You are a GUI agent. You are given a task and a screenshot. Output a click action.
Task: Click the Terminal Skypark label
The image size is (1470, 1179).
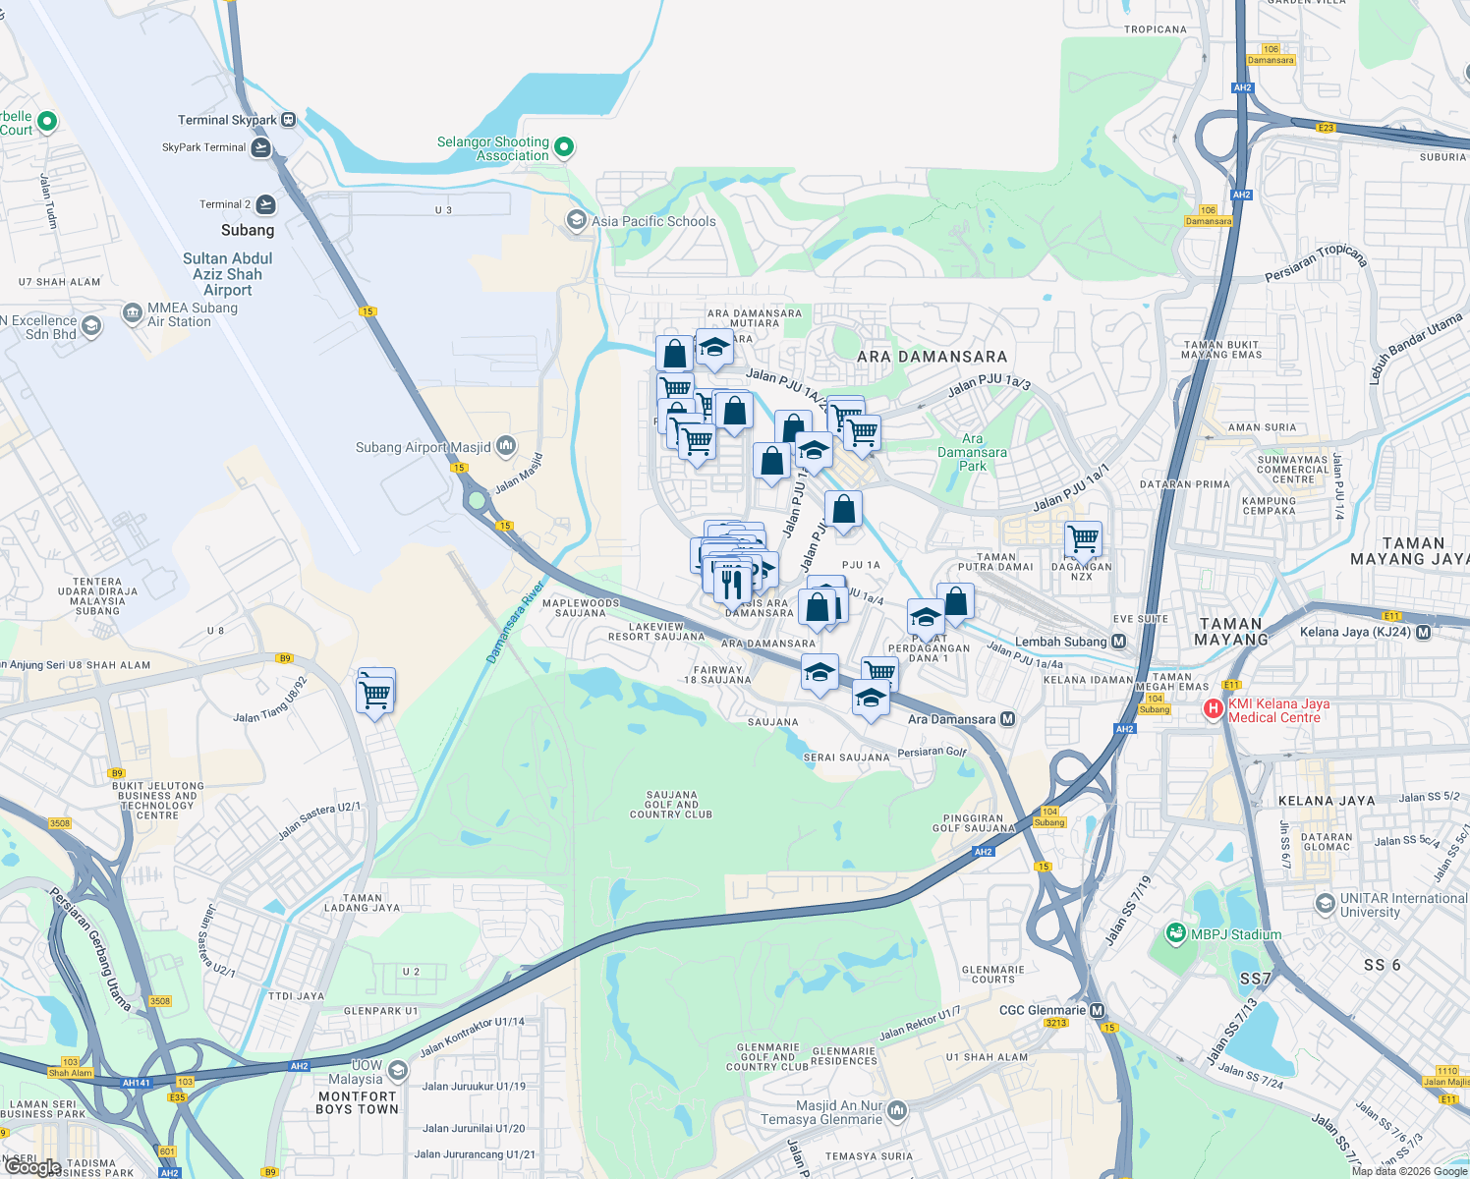pyautogui.click(x=227, y=120)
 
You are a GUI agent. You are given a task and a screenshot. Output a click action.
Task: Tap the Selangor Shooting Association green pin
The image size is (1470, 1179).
pyautogui.click(x=564, y=147)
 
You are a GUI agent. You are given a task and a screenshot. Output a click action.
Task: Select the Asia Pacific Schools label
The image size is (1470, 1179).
pyautogui.click(x=653, y=221)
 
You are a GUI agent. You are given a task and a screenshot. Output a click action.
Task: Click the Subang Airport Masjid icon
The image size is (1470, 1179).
pyautogui.click(x=506, y=446)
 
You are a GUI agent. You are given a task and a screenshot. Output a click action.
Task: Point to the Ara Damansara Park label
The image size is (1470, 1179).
pyautogui.click(x=972, y=453)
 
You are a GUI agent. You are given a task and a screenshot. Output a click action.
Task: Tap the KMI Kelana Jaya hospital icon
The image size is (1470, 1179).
pyautogui.click(x=1214, y=707)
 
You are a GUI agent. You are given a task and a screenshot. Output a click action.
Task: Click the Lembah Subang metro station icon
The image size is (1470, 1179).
pyautogui.click(x=1118, y=642)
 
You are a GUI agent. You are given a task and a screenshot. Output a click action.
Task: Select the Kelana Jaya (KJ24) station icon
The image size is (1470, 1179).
pyautogui.click(x=1424, y=632)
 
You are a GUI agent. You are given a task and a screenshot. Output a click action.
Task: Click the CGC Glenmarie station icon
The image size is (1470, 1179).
pyautogui.click(x=1098, y=1010)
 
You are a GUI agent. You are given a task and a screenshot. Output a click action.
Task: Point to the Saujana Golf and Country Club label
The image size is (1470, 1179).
pyautogui.click(x=671, y=805)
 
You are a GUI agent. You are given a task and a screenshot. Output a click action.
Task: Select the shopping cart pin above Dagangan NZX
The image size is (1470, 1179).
pyautogui.click(x=1083, y=537)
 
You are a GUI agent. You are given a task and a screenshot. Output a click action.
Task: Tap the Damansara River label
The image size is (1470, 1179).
pyautogui.click(x=515, y=623)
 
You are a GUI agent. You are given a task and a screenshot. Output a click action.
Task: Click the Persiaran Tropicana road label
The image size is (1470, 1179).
pyautogui.click(x=1315, y=262)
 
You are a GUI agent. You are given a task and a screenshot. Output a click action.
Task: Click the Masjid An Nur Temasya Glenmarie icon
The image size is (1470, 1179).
pyautogui.click(x=896, y=1111)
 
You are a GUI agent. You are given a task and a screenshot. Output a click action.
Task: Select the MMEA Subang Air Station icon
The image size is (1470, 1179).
pyautogui.click(x=133, y=313)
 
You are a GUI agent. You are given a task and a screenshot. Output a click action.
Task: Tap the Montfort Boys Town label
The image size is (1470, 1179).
pyautogui.click(x=357, y=1102)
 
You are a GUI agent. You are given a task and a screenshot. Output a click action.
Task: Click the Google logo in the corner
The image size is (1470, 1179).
pyautogui.click(x=33, y=1167)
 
